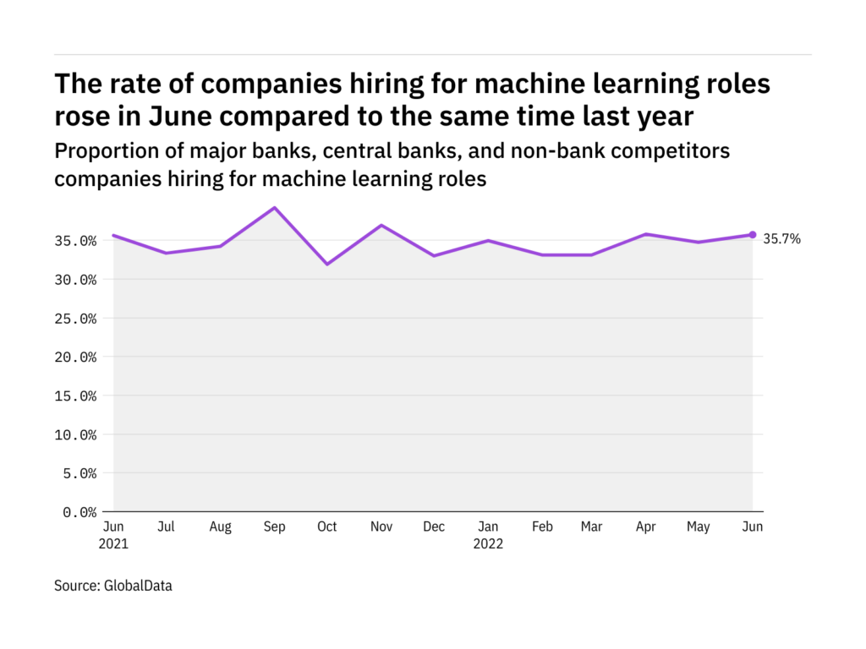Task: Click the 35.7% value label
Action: point(781,239)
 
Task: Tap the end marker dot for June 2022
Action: point(752,235)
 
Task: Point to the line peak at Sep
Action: point(273,207)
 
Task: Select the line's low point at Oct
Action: point(326,265)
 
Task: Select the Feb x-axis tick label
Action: point(542,526)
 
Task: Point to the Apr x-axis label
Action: point(645,526)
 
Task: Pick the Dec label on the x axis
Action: point(433,526)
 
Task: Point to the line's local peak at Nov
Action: point(381,226)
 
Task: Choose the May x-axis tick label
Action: point(699,526)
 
